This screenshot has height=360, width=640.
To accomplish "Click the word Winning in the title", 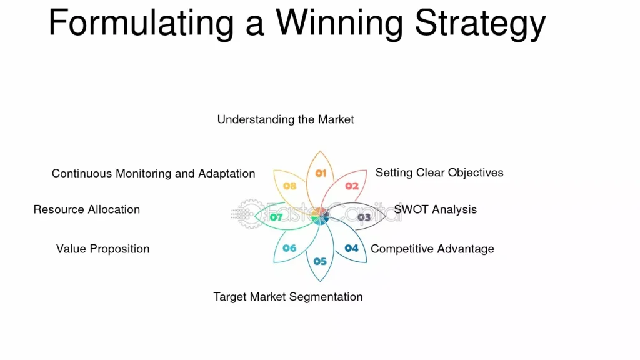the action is (340, 24).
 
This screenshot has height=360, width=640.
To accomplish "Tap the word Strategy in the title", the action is (481, 24).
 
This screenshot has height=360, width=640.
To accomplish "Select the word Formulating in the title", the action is (141, 24).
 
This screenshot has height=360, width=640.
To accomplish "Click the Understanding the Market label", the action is (285, 119).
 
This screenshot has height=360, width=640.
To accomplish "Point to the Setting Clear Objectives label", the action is (439, 172).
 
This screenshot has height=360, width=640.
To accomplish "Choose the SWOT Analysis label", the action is (436, 209).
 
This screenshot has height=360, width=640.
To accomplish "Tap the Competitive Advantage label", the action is (432, 249).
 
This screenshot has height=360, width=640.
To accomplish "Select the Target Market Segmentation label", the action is (287, 297).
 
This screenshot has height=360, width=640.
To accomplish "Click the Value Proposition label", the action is (103, 249).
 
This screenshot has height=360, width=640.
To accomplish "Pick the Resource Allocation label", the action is (86, 209).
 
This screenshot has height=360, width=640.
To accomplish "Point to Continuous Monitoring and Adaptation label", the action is (154, 174).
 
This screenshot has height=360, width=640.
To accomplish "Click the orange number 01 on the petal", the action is (321, 174).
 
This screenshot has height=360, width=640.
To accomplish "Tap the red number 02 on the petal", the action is (352, 186).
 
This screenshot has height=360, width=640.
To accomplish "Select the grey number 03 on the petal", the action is (364, 217).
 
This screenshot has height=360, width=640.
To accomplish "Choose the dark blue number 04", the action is (351, 248).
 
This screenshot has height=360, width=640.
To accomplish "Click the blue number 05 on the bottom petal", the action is (320, 261).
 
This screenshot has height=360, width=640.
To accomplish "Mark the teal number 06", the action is (289, 248).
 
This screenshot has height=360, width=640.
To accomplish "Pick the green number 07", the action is (276, 217).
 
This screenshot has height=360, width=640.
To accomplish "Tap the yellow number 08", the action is (289, 186).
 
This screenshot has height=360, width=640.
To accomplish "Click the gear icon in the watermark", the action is (250, 214).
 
